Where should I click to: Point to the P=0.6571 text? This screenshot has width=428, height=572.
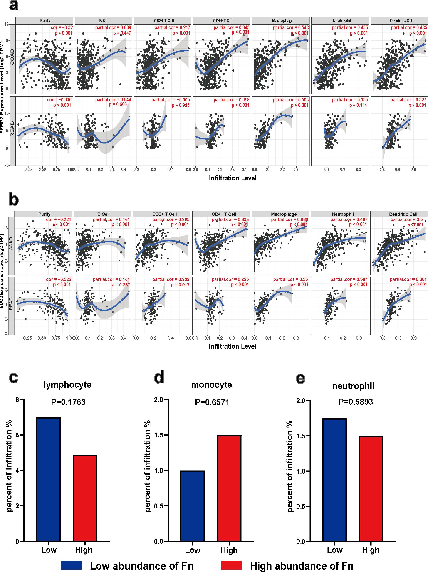212,402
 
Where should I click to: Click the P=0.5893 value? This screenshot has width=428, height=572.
356,402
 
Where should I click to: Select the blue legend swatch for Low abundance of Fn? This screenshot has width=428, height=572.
71,565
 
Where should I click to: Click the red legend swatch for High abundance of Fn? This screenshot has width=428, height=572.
231,565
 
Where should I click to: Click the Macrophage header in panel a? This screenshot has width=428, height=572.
282,20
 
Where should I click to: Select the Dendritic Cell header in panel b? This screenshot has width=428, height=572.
403,214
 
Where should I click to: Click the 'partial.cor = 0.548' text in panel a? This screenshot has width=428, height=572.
290,27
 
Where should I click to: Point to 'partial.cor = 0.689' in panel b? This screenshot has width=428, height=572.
289,219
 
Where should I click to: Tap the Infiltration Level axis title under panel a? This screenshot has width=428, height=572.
233,178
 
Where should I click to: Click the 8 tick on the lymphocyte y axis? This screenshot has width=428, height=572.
17,400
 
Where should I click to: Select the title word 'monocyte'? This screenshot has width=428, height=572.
211,385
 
